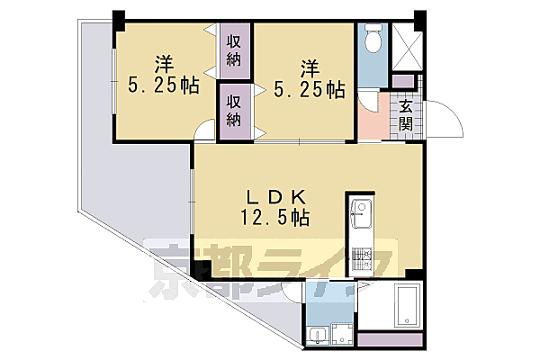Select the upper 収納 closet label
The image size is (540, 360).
click(234, 51)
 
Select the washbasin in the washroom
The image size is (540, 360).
click(317, 335)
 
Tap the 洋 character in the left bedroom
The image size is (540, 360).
click(164, 64)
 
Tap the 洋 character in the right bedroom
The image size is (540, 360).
click(309, 67)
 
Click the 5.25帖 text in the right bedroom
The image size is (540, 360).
click(308, 89)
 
